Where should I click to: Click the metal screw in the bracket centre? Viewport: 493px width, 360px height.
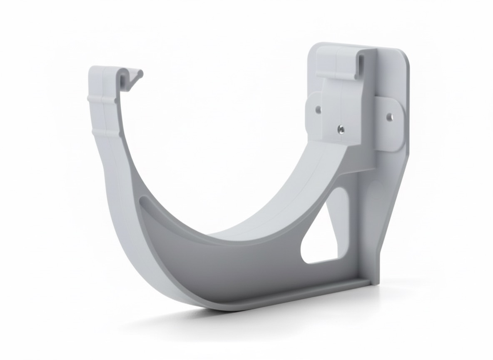coord(341,129)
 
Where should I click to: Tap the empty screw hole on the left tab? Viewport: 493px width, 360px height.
coord(318,110)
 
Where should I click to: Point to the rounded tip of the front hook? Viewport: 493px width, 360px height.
coord(140,74)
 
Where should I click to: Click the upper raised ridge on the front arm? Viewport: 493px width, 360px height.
coord(102,99)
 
